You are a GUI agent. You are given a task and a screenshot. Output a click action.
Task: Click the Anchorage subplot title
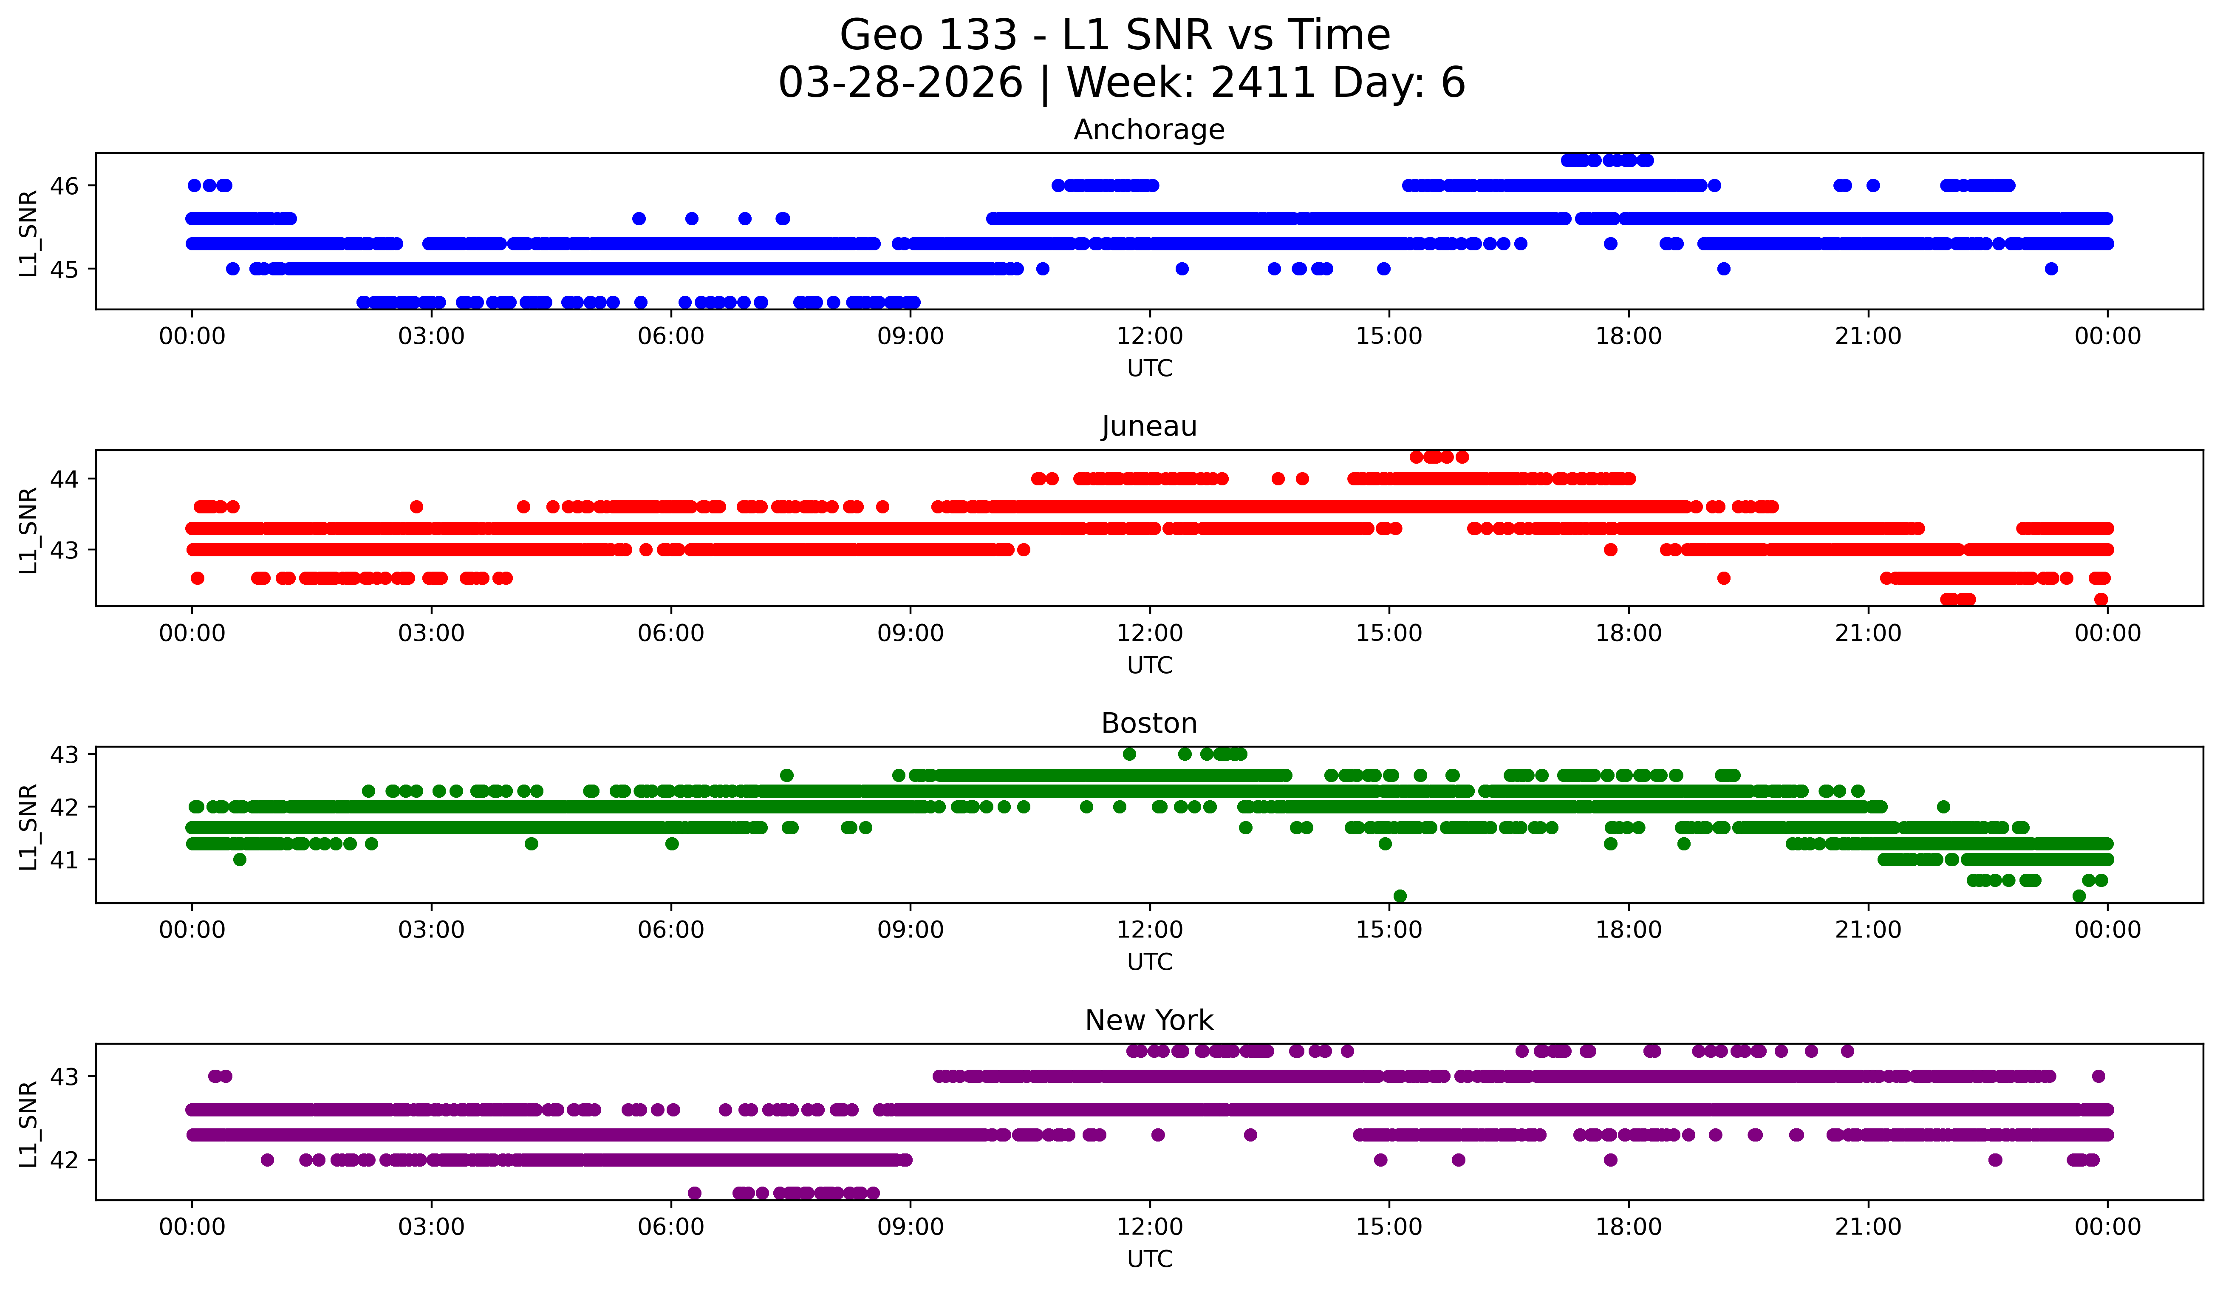[1149, 130]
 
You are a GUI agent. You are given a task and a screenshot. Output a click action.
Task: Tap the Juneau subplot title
[1149, 426]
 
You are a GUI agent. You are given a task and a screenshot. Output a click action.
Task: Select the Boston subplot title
[1149, 723]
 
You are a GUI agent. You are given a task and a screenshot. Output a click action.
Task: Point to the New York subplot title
[1149, 1020]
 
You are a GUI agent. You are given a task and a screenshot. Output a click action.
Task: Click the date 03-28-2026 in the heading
[900, 83]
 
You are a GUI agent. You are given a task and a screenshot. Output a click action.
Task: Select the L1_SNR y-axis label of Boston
[28, 827]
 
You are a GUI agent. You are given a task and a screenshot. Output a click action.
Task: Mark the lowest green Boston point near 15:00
[1400, 896]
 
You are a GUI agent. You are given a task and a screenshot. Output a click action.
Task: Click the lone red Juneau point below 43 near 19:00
[1724, 578]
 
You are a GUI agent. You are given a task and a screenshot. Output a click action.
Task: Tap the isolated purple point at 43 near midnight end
[2098, 1076]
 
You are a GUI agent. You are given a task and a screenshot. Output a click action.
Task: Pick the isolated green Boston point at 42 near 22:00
[1943, 806]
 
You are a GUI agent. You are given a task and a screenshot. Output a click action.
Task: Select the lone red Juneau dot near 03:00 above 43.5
[417, 507]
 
